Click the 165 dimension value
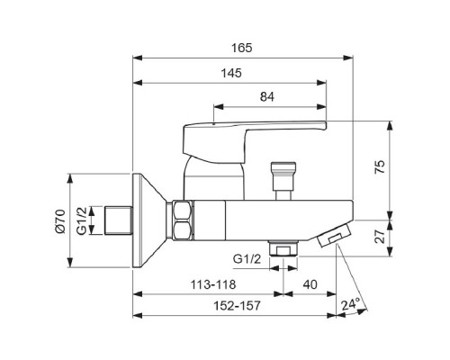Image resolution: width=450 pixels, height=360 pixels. (242, 48)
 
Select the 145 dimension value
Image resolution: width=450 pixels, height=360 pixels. (231, 73)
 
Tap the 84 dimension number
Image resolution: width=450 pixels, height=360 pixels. (267, 97)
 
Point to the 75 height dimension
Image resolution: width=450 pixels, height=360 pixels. (380, 167)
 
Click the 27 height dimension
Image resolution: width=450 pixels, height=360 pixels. (380, 237)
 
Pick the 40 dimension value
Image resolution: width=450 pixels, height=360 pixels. (310, 284)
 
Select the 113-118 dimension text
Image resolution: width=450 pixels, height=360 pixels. (213, 284)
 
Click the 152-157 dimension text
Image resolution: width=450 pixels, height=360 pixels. (237, 306)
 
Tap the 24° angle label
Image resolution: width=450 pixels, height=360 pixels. (350, 304)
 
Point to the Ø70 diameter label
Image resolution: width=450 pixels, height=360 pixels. (60, 221)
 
